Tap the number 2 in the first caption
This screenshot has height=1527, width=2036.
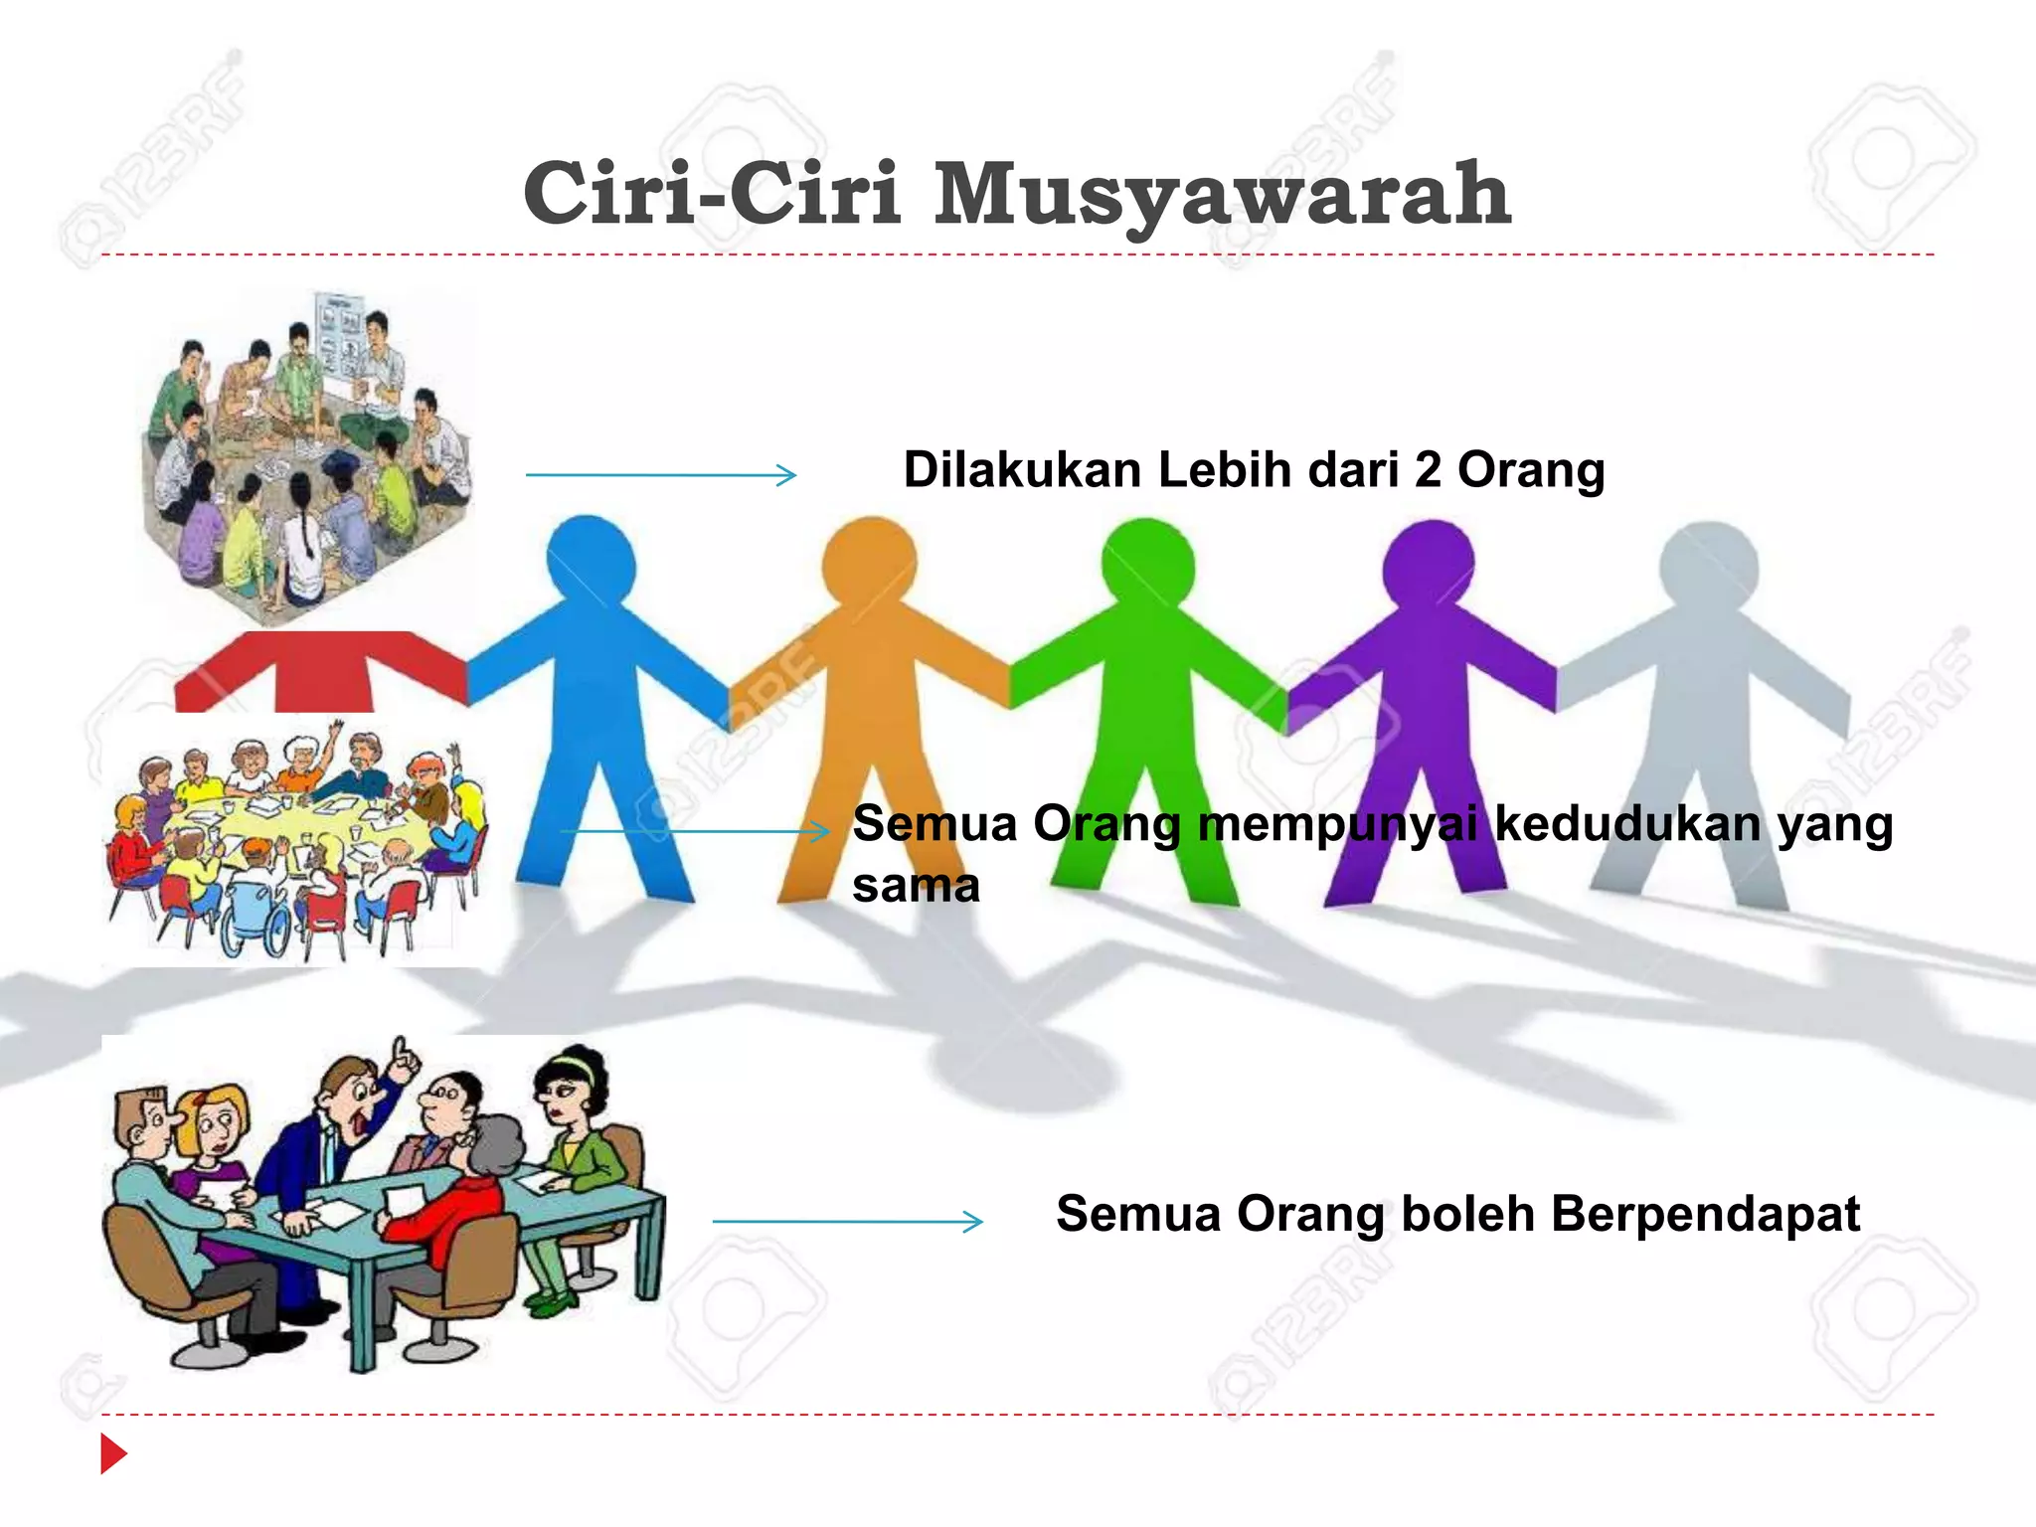point(1427,469)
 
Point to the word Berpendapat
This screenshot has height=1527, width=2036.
point(1705,1214)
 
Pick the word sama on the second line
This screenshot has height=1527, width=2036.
point(916,885)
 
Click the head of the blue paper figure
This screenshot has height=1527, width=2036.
point(591,560)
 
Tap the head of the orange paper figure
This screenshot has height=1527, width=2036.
point(869,562)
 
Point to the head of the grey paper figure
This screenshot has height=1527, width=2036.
point(1708,569)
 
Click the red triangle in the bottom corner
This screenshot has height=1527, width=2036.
point(112,1453)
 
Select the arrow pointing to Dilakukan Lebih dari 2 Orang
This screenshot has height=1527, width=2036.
point(660,475)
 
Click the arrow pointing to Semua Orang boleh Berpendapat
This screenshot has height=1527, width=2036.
point(847,1221)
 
